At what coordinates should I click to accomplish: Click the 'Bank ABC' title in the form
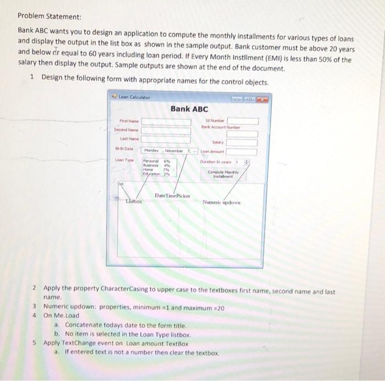(x=189, y=108)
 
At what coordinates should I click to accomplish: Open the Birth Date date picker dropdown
(x=194, y=150)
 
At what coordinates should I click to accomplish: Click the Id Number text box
(x=243, y=121)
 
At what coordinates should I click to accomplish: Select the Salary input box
(x=243, y=142)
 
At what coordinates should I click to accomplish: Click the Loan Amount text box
(x=243, y=151)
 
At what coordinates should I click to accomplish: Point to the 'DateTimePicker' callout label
(x=172, y=196)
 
